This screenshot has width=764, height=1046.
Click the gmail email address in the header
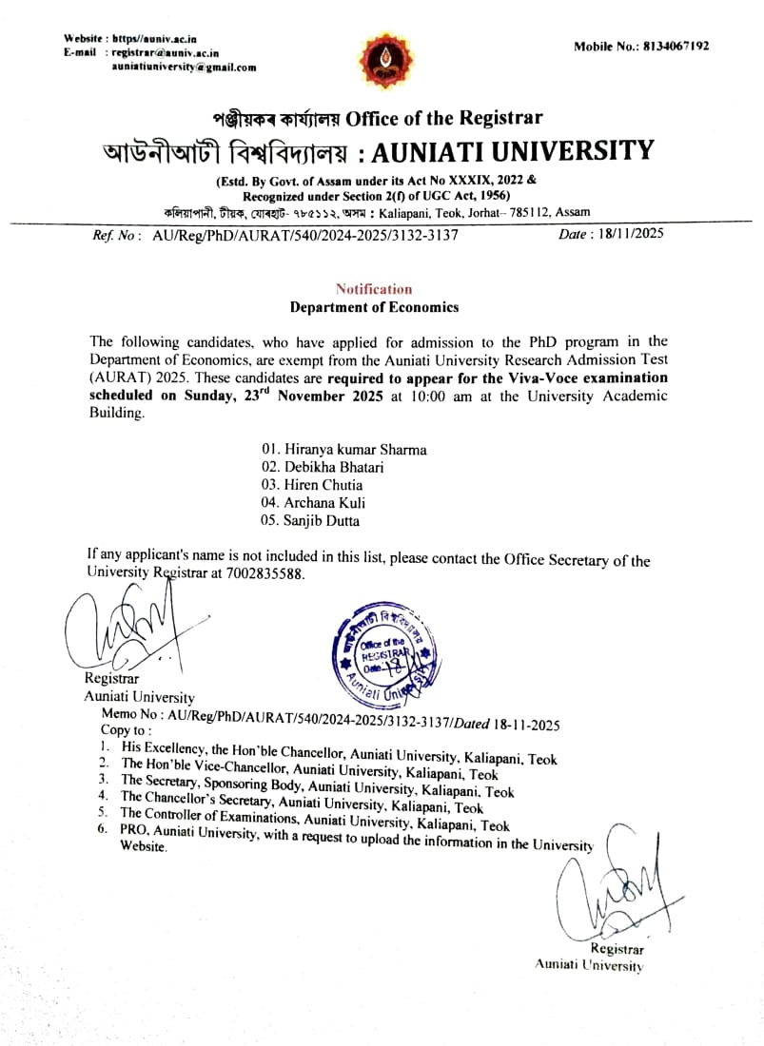pos(184,68)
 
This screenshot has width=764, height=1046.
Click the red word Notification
pos(374,289)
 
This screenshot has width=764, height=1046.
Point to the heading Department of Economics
pos(374,307)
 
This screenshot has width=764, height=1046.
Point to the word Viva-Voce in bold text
pos(532,378)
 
